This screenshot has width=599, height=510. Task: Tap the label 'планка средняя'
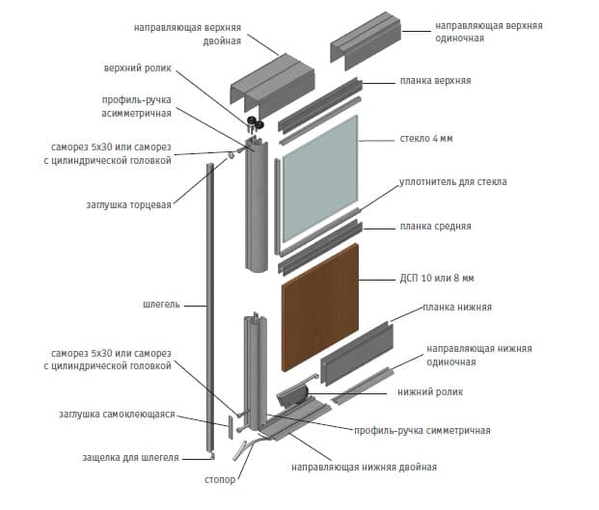pyautogui.click(x=435, y=227)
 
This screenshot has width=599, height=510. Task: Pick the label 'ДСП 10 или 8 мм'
pyautogui.click(x=435, y=279)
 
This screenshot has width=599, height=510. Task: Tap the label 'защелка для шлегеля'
pyautogui.click(x=130, y=456)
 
